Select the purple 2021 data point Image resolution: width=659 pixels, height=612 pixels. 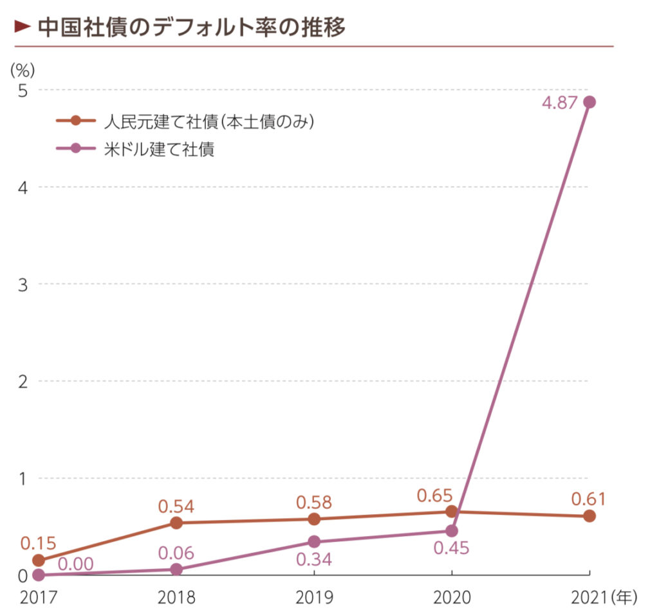589,102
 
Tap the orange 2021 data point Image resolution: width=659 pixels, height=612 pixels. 589,516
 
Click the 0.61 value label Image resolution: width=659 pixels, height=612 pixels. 589,499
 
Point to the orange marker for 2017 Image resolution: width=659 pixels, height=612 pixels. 39,561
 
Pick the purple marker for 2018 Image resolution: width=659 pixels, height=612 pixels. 176,570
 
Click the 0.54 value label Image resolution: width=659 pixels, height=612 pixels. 176,506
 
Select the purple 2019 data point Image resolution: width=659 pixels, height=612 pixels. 314,542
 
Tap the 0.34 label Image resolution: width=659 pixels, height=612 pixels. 314,559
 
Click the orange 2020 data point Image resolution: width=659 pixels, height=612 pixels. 452,512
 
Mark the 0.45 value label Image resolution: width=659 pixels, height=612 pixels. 451,548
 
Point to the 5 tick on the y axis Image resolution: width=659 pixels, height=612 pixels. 23,91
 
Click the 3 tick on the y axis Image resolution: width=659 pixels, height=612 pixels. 23,284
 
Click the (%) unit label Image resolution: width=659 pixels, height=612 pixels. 23,68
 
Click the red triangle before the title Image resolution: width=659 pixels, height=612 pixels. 23,27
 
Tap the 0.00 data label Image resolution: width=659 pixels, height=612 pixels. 75,564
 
